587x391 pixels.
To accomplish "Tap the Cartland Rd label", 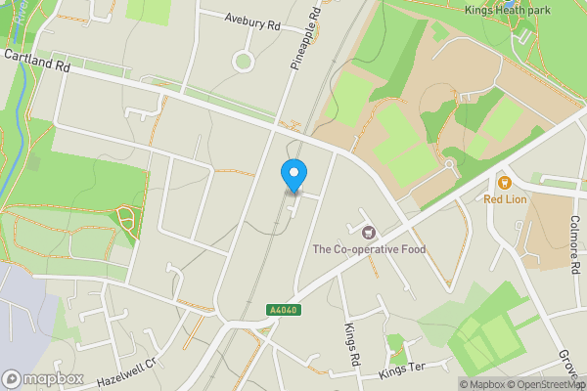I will (37, 62).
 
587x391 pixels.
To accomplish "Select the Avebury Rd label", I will (252, 22).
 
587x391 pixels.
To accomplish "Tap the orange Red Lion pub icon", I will (505, 182).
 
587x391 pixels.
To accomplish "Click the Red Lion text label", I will (506, 199).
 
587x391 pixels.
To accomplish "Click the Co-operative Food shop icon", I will (369, 233).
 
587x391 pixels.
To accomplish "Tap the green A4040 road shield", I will (282, 310).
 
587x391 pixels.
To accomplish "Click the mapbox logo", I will (41, 378).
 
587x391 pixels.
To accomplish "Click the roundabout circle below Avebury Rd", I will (244, 63).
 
